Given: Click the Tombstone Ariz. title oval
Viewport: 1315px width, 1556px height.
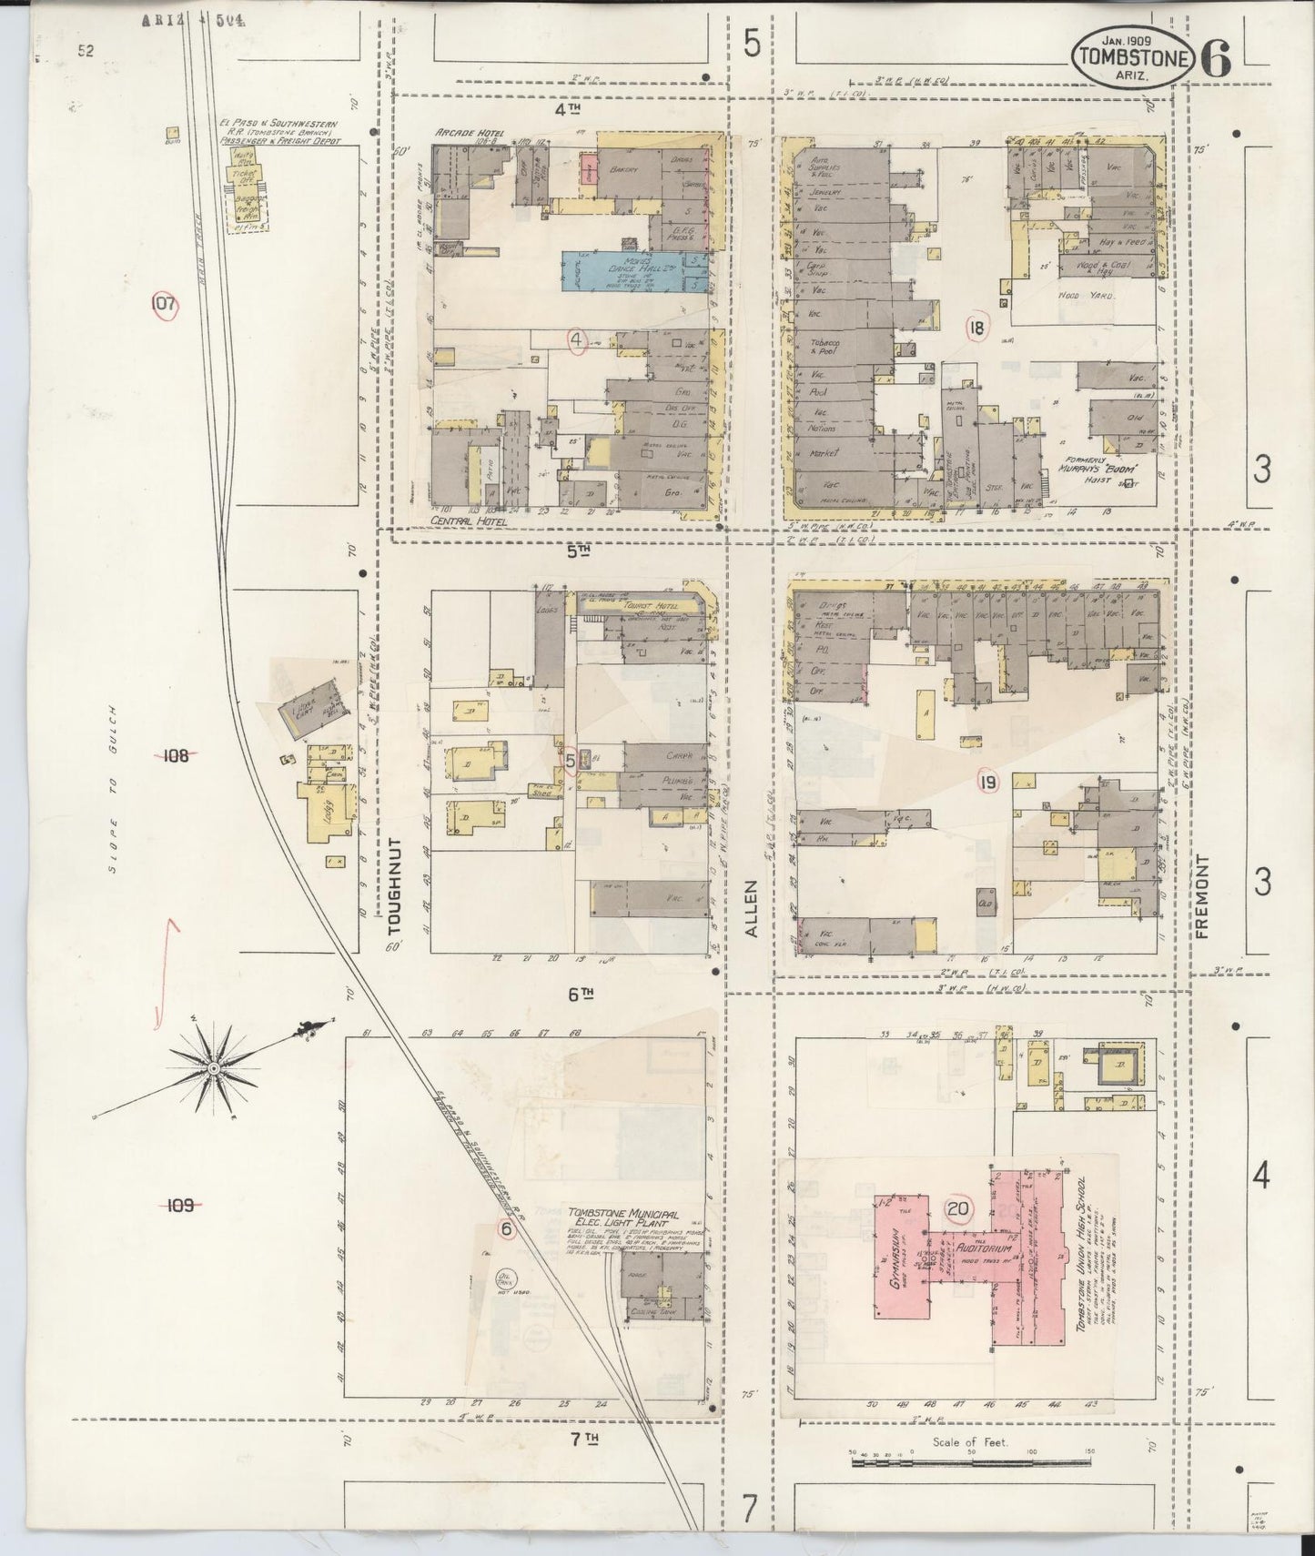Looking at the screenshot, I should point(1133,56).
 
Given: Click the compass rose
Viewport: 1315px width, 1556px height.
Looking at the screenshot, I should point(213,1066).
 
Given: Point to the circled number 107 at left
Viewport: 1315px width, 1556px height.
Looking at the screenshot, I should point(164,305).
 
